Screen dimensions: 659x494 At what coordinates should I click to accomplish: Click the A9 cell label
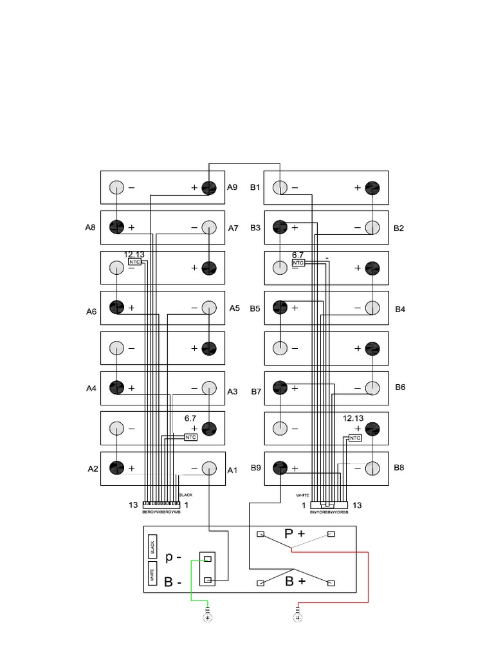[232, 188]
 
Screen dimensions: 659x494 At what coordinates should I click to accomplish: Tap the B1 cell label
[255, 188]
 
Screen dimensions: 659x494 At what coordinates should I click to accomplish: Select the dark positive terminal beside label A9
[209, 188]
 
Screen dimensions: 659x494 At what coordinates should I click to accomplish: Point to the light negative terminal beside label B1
[280, 188]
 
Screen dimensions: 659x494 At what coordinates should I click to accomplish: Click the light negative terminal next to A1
[209, 469]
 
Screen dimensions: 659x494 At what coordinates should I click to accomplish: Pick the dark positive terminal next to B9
[280, 468]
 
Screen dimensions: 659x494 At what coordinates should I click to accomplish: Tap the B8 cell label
[399, 468]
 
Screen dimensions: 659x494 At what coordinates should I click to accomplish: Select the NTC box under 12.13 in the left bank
[134, 263]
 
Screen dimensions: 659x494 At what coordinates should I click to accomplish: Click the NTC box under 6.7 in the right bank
[298, 263]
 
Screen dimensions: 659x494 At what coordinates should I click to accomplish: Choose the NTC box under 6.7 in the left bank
[190, 438]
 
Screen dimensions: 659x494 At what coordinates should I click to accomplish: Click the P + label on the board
[295, 534]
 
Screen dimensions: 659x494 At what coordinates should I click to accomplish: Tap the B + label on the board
[295, 582]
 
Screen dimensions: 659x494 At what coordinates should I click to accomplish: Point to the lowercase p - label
[172, 557]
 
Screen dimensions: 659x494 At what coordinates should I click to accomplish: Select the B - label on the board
[172, 582]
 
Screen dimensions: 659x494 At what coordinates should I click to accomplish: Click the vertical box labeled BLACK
[152, 548]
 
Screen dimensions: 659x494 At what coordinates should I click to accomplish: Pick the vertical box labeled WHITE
[152, 574]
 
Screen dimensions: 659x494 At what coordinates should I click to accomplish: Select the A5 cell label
[235, 308]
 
